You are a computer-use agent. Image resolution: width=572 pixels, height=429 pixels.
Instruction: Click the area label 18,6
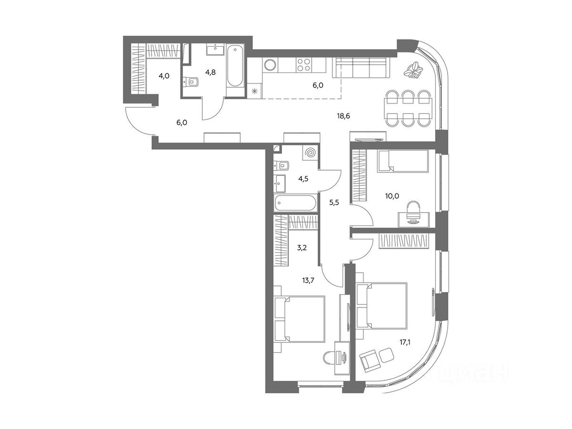point(343,116)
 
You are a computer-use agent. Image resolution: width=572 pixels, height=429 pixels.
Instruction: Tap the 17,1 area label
point(405,342)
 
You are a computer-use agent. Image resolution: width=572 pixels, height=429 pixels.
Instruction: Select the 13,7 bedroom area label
point(308,280)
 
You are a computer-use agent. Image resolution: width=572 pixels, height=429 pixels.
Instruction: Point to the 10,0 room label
point(392,196)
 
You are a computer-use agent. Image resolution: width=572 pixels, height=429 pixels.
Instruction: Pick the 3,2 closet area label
point(302,247)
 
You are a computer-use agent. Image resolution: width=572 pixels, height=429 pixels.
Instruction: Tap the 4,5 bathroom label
point(304,179)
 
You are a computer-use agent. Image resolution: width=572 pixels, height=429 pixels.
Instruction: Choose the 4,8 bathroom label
point(210,72)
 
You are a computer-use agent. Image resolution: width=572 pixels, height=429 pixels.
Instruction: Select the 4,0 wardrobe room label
point(164,76)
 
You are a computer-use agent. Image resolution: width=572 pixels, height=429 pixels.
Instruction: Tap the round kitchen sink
point(269,65)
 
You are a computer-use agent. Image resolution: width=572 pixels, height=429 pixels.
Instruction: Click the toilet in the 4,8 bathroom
point(191,82)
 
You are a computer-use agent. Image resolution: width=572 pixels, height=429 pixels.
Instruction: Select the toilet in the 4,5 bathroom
point(281,165)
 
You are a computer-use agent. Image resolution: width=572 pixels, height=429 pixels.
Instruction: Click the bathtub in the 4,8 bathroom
point(235,66)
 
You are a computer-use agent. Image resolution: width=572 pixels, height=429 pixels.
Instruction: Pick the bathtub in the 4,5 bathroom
point(296,203)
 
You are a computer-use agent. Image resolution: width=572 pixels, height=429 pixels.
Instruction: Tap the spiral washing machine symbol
point(310,153)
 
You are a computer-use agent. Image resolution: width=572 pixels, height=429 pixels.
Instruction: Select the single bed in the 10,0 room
point(403,161)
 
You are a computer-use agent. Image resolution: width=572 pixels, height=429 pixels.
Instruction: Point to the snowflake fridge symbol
point(255,91)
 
